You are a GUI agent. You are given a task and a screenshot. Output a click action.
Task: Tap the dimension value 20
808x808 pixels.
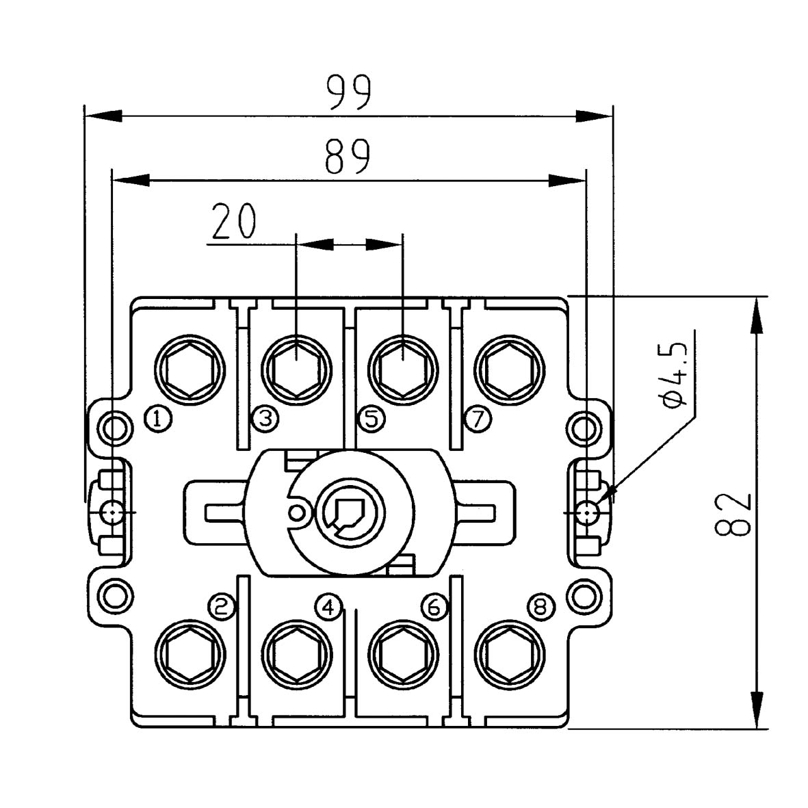233,221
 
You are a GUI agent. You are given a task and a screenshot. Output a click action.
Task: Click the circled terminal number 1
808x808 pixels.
158,417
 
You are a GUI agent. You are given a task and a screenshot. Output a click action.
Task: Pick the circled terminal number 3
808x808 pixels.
265,417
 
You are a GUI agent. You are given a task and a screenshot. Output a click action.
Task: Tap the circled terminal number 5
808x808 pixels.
371,417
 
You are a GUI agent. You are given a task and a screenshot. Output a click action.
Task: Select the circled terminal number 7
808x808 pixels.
478,417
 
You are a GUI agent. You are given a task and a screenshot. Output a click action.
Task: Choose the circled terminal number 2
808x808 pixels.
222,606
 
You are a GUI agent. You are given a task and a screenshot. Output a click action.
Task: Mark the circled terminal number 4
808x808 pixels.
328,606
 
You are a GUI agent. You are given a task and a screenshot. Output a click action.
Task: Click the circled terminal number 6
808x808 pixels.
435,606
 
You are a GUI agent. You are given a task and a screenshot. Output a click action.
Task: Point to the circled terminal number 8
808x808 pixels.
541,606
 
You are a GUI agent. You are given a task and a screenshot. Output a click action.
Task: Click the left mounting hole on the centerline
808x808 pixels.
112,512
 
